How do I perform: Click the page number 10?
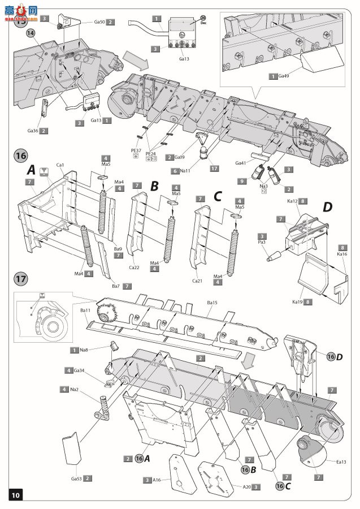pos(15,495)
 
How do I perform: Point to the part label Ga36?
pos(32,131)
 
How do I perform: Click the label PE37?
pos(136,150)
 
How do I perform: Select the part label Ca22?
pos(133,267)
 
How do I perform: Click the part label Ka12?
pos(292,201)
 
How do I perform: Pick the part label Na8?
pos(84,351)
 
